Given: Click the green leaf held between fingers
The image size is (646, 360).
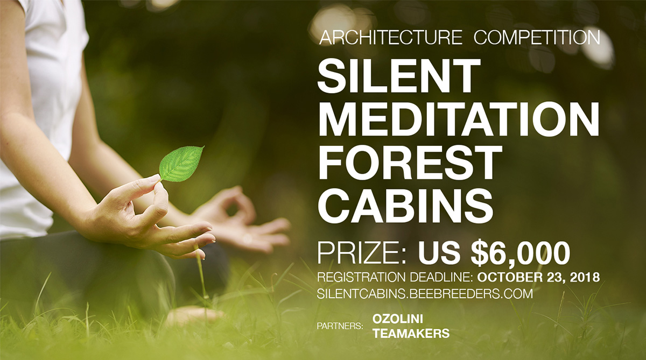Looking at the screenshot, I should [x=181, y=163].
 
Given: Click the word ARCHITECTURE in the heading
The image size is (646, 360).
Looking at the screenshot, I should [x=390, y=38].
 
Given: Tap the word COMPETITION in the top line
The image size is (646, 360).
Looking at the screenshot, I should [x=537, y=38].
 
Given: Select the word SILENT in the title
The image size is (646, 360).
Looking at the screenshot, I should [x=398, y=76].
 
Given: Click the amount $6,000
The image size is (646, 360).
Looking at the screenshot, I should [x=520, y=253].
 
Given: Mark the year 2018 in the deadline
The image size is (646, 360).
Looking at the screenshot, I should [x=583, y=278].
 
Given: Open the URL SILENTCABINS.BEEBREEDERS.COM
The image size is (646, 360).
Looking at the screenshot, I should [x=425, y=294].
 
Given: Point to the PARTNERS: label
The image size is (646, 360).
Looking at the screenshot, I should [x=340, y=326].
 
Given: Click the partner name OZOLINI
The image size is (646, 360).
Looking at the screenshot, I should [x=396, y=319].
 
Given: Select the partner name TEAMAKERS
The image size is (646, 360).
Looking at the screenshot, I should [x=411, y=334].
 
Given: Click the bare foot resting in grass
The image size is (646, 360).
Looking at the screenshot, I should [x=194, y=315].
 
